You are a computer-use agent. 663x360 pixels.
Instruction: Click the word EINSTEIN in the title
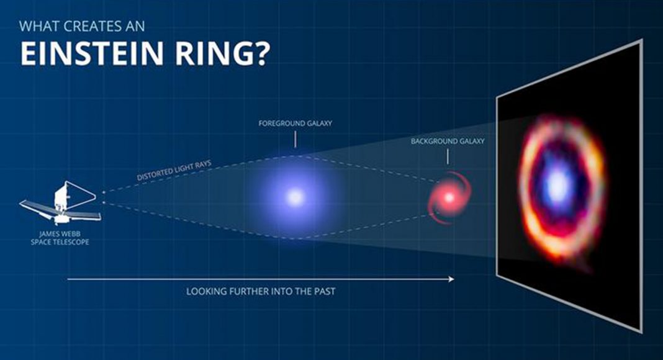pos(91,53)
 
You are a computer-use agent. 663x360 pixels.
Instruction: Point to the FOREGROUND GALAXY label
pos(295,124)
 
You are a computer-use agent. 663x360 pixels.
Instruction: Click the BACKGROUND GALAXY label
pos(448,141)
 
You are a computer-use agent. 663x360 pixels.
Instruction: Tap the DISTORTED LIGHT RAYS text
pos(174,170)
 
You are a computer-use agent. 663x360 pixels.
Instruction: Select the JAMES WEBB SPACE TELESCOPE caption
pos(60,238)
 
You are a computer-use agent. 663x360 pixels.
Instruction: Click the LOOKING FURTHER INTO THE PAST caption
pos(261,292)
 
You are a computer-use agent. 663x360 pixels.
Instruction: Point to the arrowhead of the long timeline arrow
pos(451,279)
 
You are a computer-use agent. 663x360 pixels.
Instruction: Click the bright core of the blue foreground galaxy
pos(295,197)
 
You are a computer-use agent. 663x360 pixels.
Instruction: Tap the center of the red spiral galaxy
pos(449,197)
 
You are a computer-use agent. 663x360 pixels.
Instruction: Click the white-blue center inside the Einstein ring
pos(558,183)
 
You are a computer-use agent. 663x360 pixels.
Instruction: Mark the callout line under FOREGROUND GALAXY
pos(295,140)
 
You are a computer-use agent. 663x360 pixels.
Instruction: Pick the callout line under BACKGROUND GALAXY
pos(448,156)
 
